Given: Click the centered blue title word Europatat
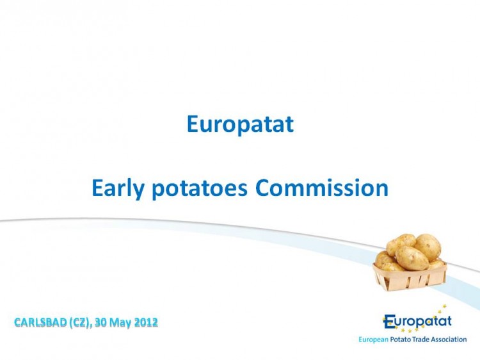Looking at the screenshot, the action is tap(240, 124).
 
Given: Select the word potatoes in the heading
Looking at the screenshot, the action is tap(200, 188).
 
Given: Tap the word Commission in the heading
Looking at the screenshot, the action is tap(322, 188).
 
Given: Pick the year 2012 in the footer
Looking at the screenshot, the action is tap(147, 322).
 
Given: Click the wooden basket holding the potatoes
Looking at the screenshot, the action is tap(410, 277).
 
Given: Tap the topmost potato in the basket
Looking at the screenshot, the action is tap(401, 243).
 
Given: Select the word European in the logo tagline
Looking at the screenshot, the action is tap(374, 340).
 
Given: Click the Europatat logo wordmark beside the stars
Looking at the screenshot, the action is tap(417, 322).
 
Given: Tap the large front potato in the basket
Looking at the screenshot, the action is tap(412, 258).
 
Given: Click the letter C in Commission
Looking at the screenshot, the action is tap(263, 188).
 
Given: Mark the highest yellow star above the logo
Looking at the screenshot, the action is tap(445, 306).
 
